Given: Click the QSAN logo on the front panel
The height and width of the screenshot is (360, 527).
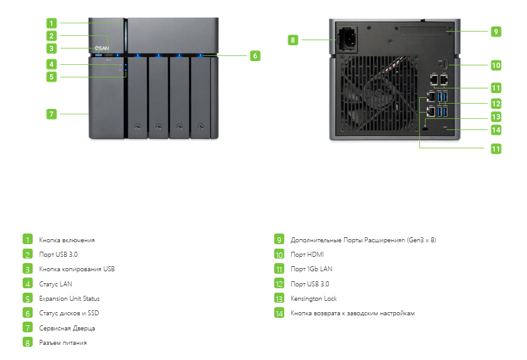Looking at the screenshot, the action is [101, 48].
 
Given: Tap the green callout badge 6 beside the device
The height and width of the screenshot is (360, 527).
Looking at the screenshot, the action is [255, 55].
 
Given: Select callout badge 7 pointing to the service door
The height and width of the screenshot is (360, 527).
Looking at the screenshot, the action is [52, 114].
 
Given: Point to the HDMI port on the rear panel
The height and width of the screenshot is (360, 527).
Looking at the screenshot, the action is [445, 65].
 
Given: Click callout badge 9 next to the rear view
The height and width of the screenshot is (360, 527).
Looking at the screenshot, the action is [496, 31].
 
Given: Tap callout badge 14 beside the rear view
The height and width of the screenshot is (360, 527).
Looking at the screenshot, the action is [496, 130].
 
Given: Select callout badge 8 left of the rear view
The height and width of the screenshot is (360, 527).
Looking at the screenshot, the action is [292, 40].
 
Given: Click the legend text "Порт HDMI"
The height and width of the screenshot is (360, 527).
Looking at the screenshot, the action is [307, 254].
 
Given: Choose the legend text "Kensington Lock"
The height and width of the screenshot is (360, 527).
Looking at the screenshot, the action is [314, 298].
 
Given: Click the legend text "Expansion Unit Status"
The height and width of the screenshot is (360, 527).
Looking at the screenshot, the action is [69, 298].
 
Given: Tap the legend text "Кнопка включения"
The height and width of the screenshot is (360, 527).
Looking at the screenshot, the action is [67, 240].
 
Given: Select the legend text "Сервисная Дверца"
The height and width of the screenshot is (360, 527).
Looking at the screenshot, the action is [67, 328].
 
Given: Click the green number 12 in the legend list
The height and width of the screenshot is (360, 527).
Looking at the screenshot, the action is [279, 284].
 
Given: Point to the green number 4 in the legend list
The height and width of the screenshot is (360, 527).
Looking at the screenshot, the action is [28, 284].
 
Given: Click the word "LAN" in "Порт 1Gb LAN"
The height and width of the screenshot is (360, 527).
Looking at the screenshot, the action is [326, 269].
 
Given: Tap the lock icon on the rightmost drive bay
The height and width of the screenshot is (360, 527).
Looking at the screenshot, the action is [201, 127].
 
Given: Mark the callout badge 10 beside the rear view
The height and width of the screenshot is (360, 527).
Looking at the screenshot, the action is [496, 65].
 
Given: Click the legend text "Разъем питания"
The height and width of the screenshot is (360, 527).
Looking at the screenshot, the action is [63, 342].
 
